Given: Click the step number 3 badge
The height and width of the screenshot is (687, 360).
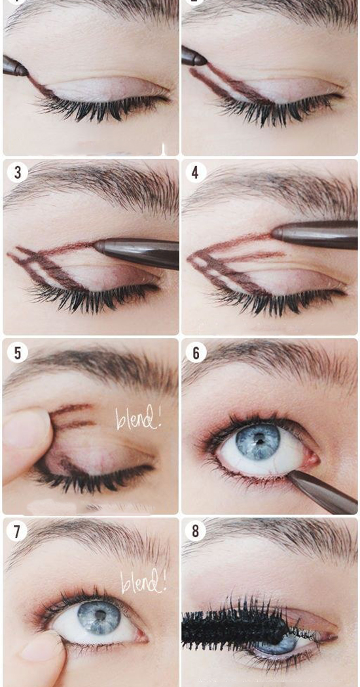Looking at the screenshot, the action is pos(18,173).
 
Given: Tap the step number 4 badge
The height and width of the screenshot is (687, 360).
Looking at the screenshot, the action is pos(196,173).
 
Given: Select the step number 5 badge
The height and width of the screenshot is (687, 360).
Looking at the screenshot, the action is pos(18,352).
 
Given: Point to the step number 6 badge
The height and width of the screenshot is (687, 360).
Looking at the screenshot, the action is pos(196,352).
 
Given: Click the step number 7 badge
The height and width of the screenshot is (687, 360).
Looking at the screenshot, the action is pos(17,531).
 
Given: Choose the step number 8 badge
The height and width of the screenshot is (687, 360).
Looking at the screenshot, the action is pos(196,531).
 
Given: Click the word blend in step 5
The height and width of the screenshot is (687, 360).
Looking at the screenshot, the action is pos(139,418).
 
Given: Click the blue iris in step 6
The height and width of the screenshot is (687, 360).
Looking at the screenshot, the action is pos(258,442).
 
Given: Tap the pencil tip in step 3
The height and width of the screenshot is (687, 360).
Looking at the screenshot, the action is pos(96,246).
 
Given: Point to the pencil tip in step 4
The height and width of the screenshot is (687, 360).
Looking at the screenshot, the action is pos(274,233).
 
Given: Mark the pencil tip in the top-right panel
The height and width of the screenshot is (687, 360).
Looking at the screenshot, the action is pos(206,62).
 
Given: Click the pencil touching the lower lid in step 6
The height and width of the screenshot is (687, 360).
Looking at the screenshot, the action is pos(323,491).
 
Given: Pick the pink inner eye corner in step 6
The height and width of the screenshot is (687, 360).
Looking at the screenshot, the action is pos(313,459).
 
